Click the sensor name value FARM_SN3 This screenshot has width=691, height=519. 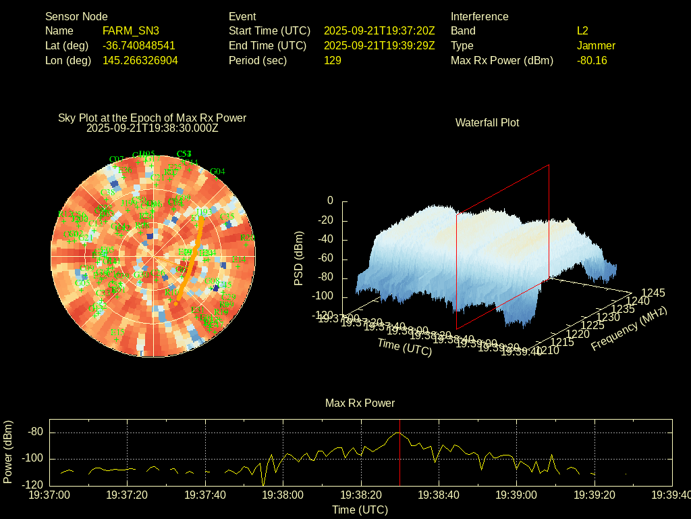131,30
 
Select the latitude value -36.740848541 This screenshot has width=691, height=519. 139,45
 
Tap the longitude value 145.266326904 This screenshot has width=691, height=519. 140,60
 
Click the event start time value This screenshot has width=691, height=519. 379,30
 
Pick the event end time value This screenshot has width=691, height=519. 379,45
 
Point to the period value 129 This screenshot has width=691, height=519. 333,60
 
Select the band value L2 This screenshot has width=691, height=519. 582,30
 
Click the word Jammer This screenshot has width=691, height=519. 596,45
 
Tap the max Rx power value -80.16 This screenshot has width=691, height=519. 592,60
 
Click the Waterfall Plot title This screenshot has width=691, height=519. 487,122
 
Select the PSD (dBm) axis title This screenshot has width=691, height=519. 299,258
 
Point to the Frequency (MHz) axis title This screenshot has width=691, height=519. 628,328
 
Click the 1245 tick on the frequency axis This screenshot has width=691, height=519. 653,293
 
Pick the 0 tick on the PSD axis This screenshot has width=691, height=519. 330,201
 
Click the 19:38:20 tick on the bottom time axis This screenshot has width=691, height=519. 361,495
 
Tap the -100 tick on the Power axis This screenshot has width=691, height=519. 34,459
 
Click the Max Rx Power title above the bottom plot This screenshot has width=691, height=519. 360,403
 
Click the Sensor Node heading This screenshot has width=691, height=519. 76,16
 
